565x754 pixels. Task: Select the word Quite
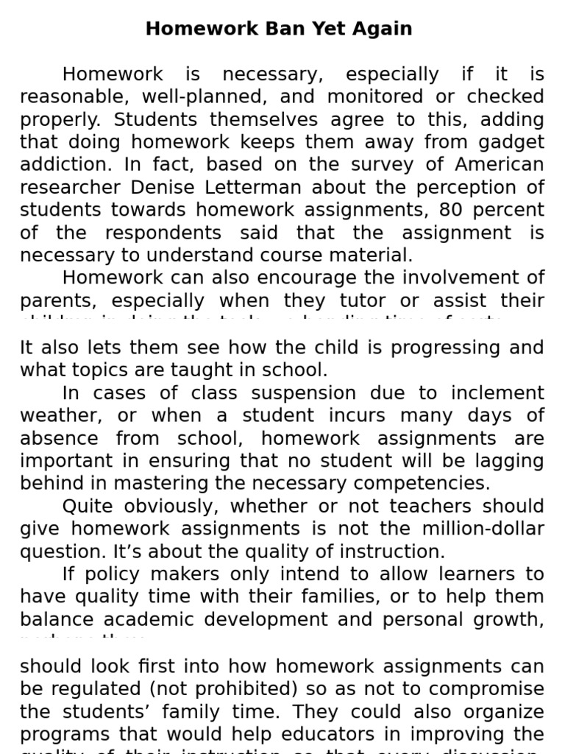tap(90, 507)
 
